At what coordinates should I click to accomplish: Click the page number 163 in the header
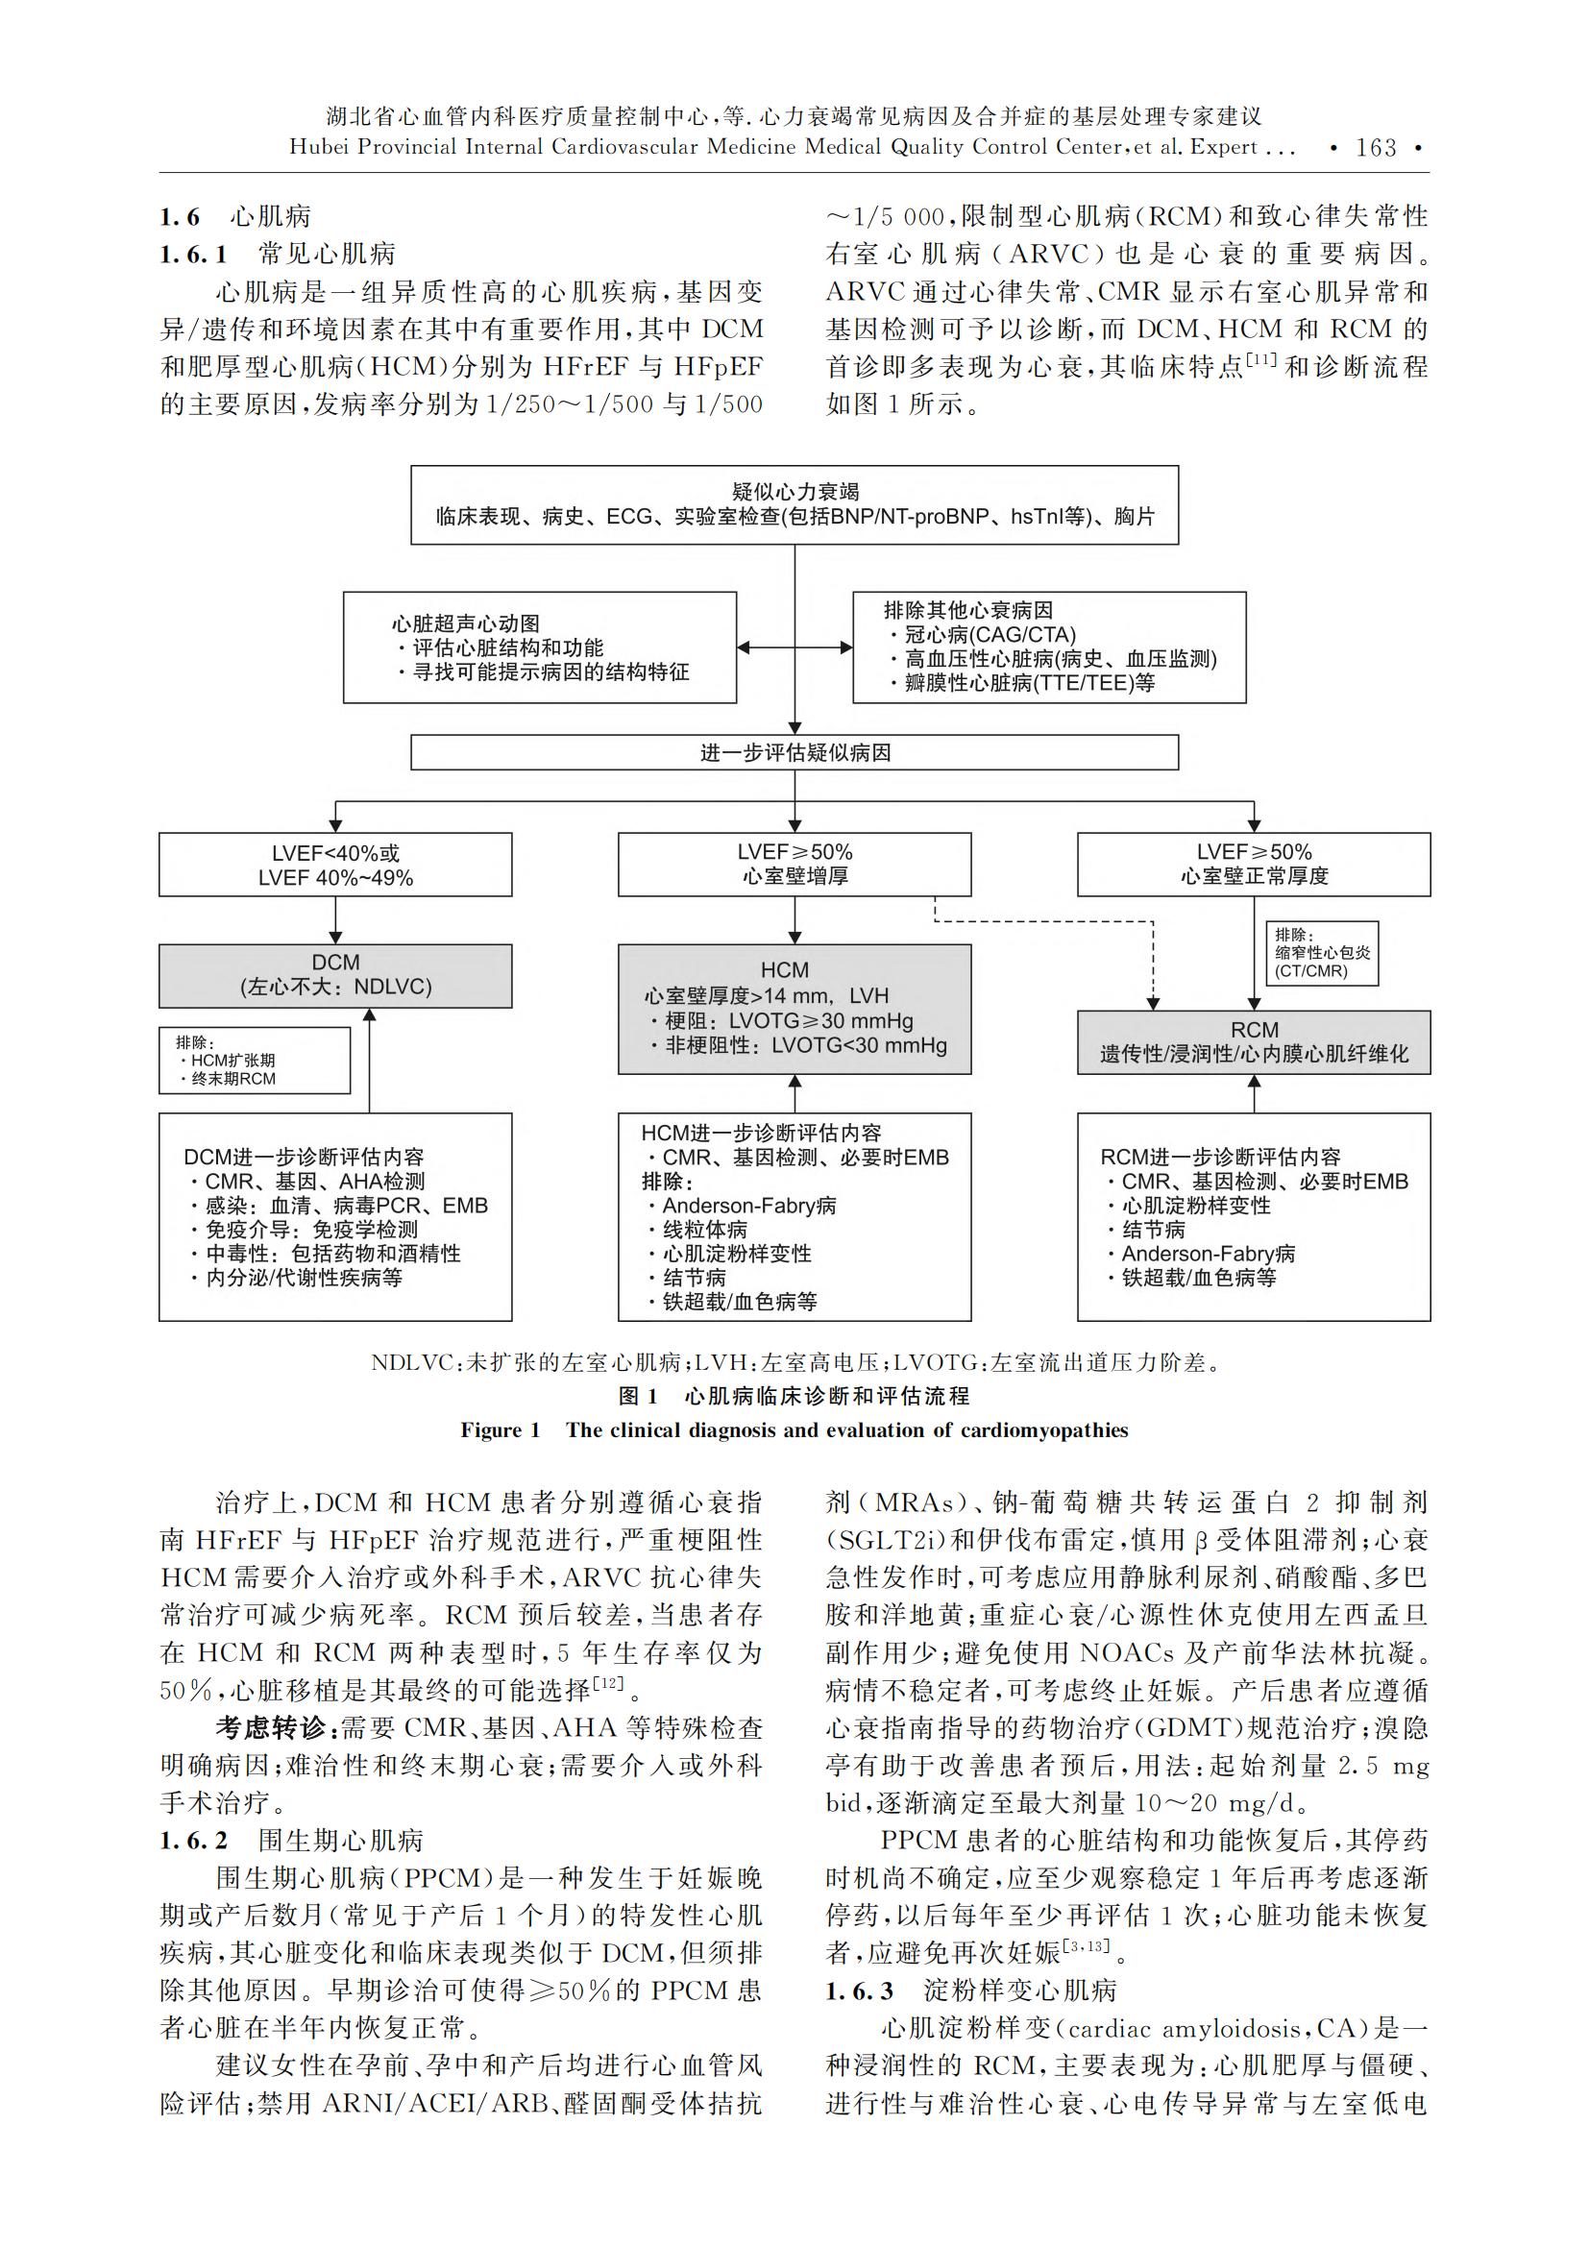pos(1376,148)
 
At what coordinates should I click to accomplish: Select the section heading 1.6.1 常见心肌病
pos(278,255)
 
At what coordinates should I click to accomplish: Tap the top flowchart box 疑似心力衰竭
pos(794,505)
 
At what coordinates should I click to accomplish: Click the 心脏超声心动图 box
pos(540,647)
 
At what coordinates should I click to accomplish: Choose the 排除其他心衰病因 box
pos(1050,647)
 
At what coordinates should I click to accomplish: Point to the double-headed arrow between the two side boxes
pos(794,647)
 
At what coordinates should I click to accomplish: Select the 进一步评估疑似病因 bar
pos(794,752)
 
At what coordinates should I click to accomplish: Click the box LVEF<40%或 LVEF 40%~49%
pos(335,865)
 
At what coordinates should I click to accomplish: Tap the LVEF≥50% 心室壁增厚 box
pos(794,865)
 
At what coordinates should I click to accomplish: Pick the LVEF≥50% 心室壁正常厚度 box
pos(1255,865)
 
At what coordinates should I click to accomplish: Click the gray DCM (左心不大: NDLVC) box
pos(335,976)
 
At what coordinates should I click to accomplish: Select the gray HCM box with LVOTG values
pos(794,1009)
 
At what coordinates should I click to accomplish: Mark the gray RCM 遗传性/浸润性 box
pos(1255,1042)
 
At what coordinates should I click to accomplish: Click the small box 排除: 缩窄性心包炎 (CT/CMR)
pos(1322,953)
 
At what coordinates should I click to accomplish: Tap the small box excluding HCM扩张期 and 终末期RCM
pos(255,1060)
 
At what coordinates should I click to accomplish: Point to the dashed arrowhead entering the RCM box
pos(1153,1004)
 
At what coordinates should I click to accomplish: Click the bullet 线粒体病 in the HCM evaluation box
pos(704,1230)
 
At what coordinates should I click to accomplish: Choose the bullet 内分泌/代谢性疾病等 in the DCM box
pos(297,1277)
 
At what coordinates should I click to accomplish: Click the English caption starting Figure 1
pos(794,1429)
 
